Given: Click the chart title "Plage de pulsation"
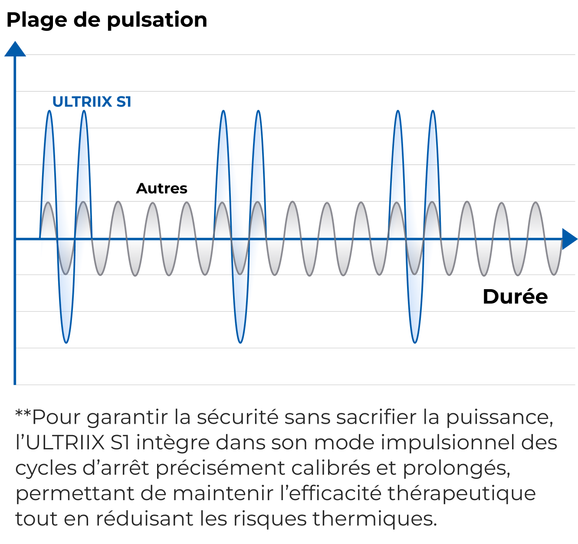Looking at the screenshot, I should tap(107, 20).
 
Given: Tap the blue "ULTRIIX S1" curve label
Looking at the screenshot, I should tap(92, 102).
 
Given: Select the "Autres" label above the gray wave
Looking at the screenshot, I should tap(161, 188).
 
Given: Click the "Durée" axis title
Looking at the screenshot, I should tap(515, 297).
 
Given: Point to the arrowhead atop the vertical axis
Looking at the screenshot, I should tap(15, 49).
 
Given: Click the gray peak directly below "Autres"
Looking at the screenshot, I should tap(152, 203).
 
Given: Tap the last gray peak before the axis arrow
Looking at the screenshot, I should tap(536, 203).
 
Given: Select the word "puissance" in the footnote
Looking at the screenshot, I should tap(499, 418).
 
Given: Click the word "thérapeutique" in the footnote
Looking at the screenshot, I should tap(461, 494).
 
